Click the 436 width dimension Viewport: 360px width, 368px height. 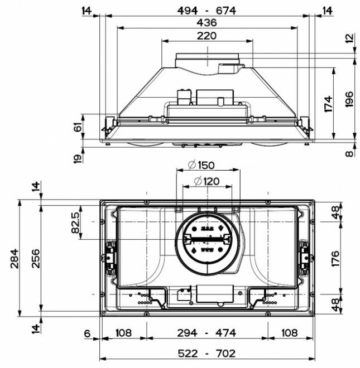click(x=207, y=23)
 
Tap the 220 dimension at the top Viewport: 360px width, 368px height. click(x=207, y=36)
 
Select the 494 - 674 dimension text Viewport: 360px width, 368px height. click(x=207, y=11)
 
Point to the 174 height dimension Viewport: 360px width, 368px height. click(x=329, y=104)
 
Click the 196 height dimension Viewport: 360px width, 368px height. click(x=349, y=99)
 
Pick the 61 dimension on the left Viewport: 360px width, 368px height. click(x=78, y=127)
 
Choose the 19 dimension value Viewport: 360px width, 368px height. click(x=78, y=158)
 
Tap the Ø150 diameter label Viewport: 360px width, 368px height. click(x=201, y=165)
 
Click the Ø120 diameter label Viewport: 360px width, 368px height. click(x=207, y=181)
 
